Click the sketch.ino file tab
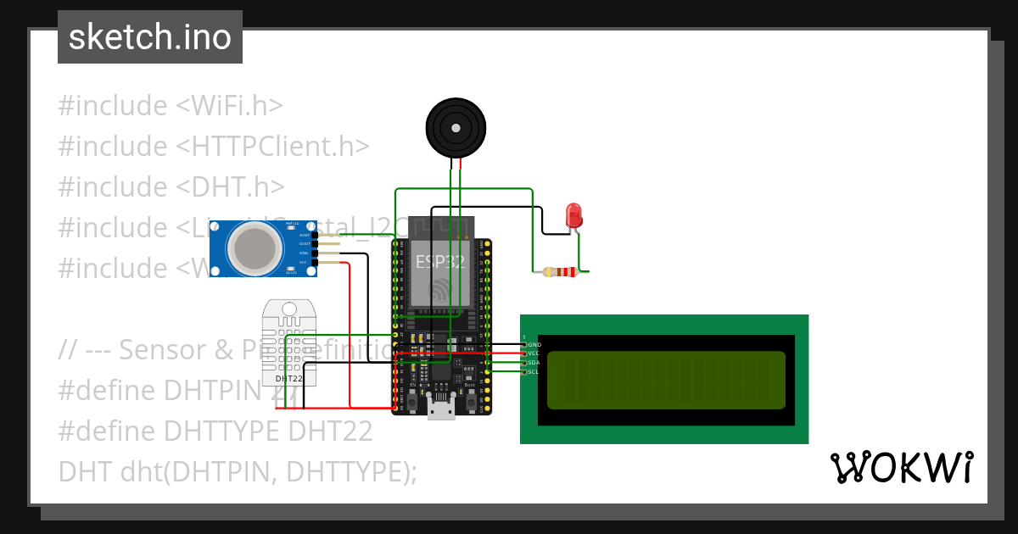150,37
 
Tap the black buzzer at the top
456,128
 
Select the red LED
574,215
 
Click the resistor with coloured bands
561,272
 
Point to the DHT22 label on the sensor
289,377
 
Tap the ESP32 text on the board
439,262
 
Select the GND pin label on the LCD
534,345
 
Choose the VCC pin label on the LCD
534,353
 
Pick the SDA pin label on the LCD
534,363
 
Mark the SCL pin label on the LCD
534,372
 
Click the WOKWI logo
901,467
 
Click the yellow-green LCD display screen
666,380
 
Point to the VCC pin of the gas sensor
303,263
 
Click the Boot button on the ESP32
469,401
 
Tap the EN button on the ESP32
412,401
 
